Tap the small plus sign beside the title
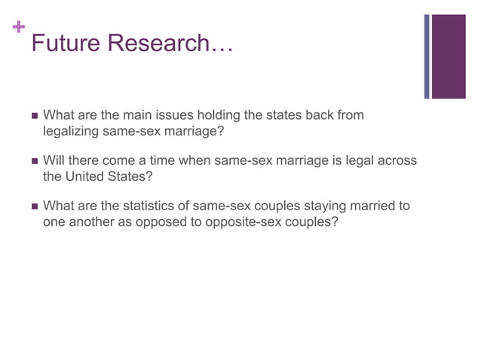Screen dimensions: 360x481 (17, 28)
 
